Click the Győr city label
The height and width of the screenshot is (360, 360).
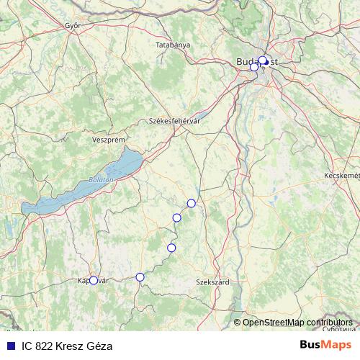(72, 25)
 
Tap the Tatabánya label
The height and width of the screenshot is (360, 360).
(173, 45)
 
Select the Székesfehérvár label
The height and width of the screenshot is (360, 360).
(174, 121)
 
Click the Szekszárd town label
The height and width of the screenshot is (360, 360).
(212, 282)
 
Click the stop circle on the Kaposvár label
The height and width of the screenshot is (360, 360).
(93, 281)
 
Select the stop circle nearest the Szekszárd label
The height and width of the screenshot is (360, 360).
(171, 248)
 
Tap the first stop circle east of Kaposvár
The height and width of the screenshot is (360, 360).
(140, 277)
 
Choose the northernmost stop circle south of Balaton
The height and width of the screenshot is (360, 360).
(191, 203)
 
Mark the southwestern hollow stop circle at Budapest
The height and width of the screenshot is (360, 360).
(254, 67)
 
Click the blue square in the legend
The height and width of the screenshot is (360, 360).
(10, 346)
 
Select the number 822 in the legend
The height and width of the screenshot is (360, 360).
(44, 346)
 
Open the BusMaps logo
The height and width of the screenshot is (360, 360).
(326, 345)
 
